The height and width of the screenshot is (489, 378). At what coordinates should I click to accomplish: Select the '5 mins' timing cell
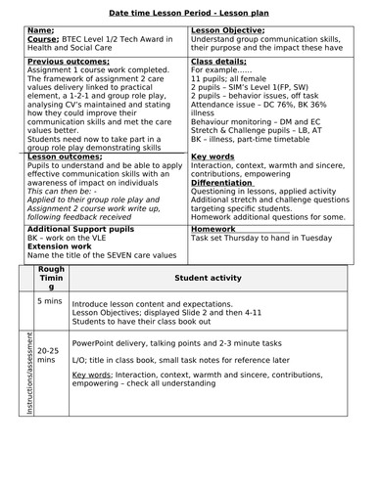click(x=49, y=301)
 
